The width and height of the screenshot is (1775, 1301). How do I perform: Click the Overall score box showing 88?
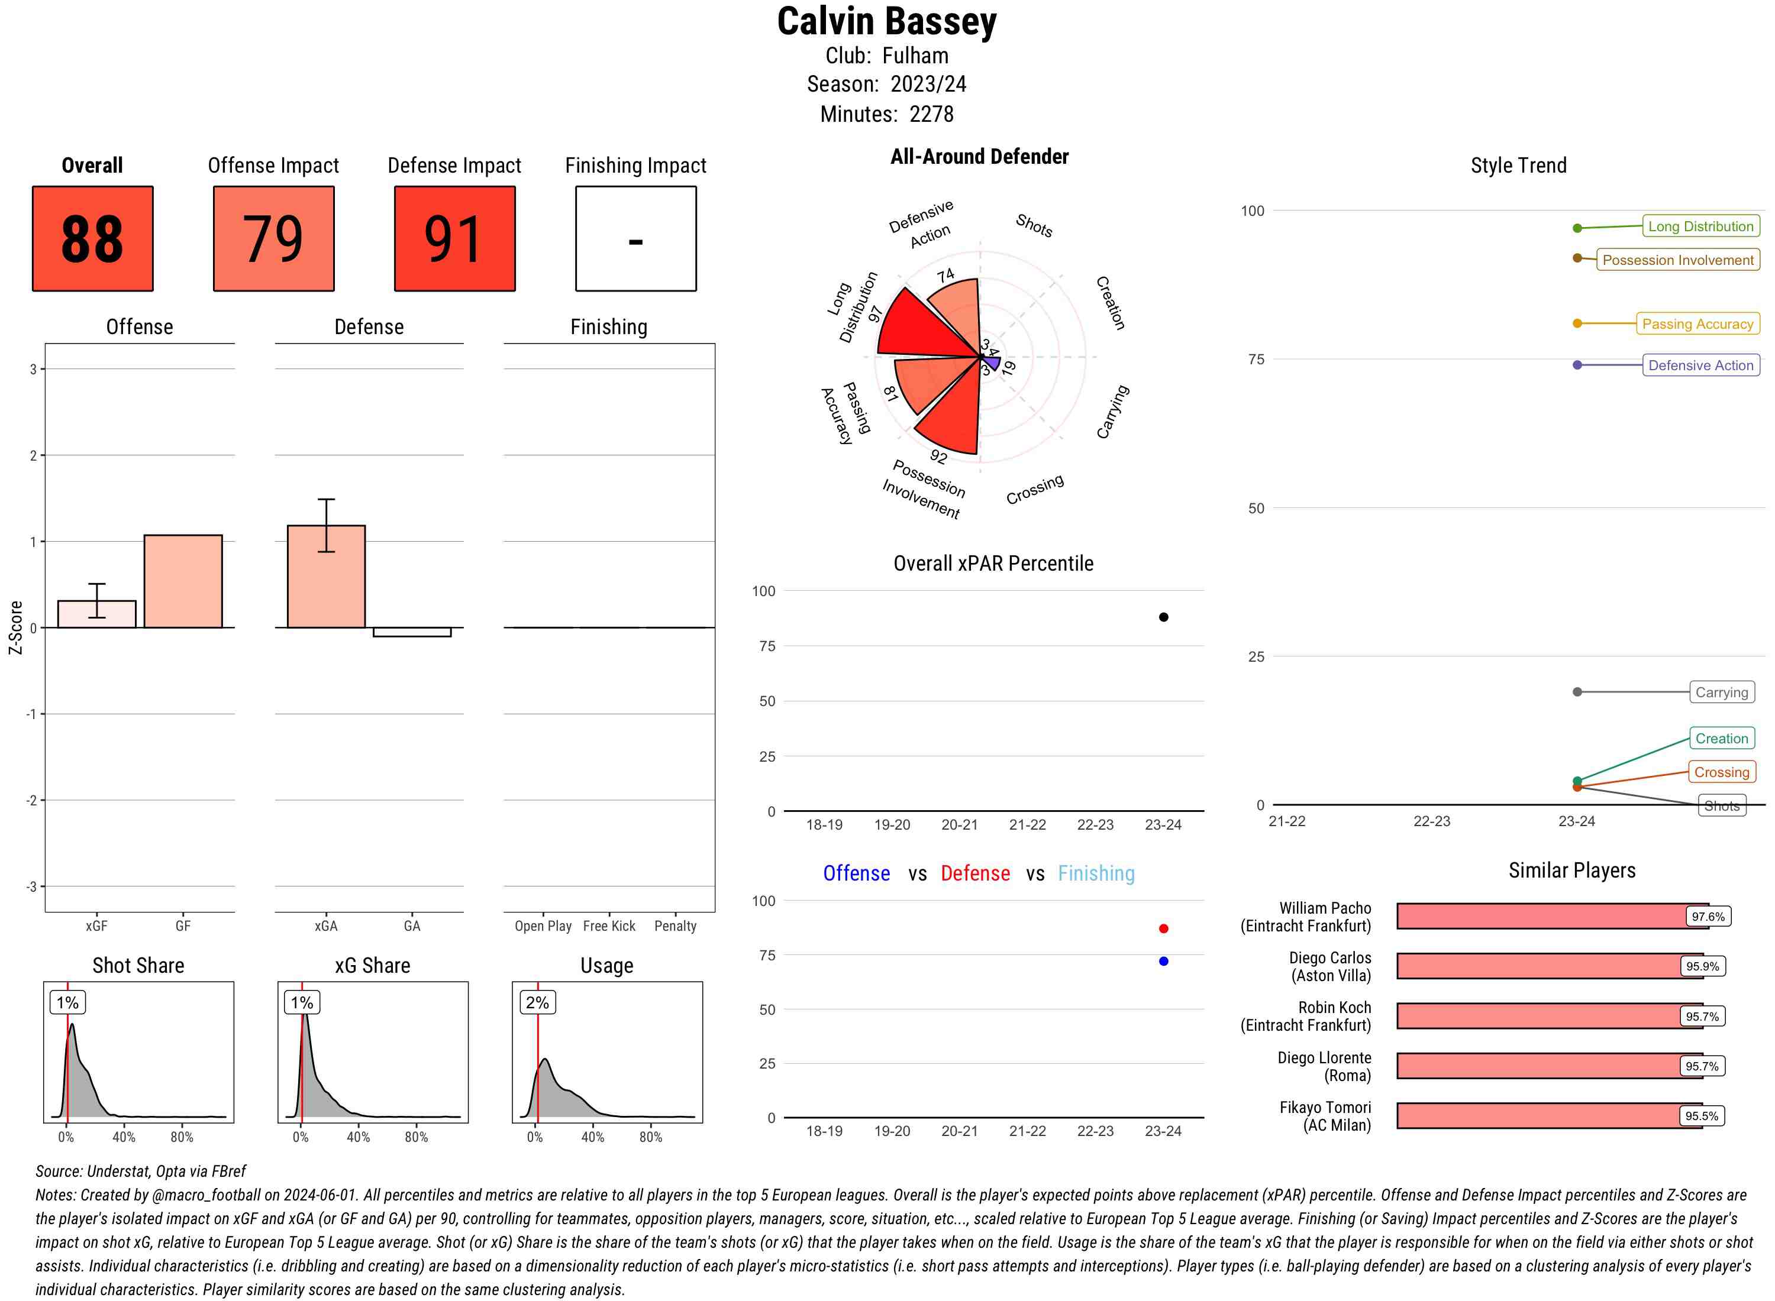click(x=92, y=239)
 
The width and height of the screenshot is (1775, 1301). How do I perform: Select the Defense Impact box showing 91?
click(x=454, y=239)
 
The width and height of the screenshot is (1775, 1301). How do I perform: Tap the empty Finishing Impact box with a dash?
click(x=636, y=239)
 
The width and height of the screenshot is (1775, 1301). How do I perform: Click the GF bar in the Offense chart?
click(x=183, y=581)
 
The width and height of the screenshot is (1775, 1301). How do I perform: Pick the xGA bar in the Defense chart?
click(x=326, y=577)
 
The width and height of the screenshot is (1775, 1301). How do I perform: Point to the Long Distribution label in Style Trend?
click(x=1700, y=226)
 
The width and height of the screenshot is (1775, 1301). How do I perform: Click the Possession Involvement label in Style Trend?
click(x=1677, y=260)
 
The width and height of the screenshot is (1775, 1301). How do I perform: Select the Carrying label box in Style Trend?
click(x=1721, y=692)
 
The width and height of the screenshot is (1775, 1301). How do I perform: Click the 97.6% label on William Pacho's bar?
click(x=1707, y=917)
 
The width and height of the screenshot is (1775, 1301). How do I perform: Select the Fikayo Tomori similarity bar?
click(x=1549, y=1116)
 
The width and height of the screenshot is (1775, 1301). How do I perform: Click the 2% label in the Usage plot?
click(x=537, y=1002)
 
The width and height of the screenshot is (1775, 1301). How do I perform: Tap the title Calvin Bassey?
click(x=887, y=21)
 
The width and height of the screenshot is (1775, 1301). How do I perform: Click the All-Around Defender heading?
click(x=979, y=157)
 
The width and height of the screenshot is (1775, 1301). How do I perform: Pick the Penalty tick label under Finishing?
click(x=675, y=926)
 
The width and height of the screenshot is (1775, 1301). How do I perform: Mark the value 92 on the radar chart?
click(x=938, y=456)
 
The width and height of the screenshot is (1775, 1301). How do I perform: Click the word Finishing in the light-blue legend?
click(x=1096, y=873)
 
